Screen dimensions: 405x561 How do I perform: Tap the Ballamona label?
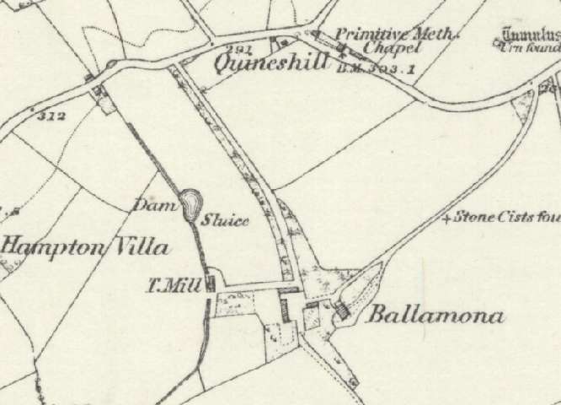[x=435, y=317]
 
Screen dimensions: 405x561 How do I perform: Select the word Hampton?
[x=51, y=247]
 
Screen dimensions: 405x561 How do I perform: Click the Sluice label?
[x=225, y=221]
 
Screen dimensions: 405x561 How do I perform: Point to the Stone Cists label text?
[x=505, y=218]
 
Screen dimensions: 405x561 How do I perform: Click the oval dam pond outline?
[x=191, y=203]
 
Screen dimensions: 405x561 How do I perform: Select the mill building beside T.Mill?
[x=211, y=285]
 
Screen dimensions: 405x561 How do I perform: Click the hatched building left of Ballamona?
[x=342, y=312]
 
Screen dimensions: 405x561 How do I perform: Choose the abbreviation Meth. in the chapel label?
[x=438, y=35]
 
